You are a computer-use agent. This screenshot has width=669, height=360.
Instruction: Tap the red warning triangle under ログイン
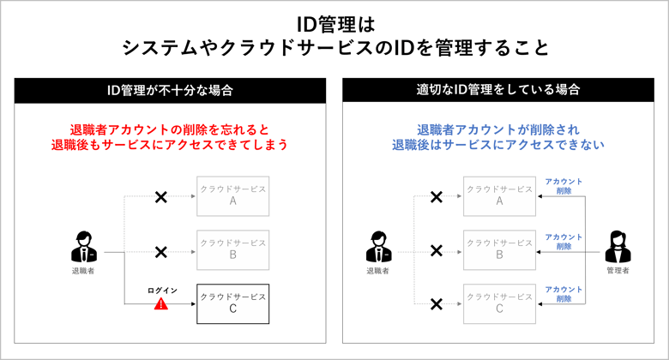(x=160, y=304)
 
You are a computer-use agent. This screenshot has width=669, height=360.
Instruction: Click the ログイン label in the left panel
(x=162, y=291)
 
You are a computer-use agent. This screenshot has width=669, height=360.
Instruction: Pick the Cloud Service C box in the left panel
(x=233, y=303)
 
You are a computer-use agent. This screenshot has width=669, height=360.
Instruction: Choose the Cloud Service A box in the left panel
(x=233, y=195)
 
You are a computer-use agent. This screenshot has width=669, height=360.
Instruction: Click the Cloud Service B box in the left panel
(x=233, y=249)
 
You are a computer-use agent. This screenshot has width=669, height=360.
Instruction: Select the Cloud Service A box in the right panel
(x=499, y=195)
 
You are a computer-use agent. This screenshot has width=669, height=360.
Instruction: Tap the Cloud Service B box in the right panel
(x=499, y=249)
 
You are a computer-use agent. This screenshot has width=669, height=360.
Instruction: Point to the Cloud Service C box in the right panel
(x=499, y=303)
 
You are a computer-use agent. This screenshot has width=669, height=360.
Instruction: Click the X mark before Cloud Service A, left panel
(x=160, y=197)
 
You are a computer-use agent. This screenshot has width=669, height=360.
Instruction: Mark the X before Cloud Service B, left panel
(x=160, y=251)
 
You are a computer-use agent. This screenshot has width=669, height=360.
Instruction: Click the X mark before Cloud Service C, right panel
(x=436, y=304)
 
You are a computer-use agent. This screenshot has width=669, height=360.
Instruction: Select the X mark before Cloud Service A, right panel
(x=436, y=197)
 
